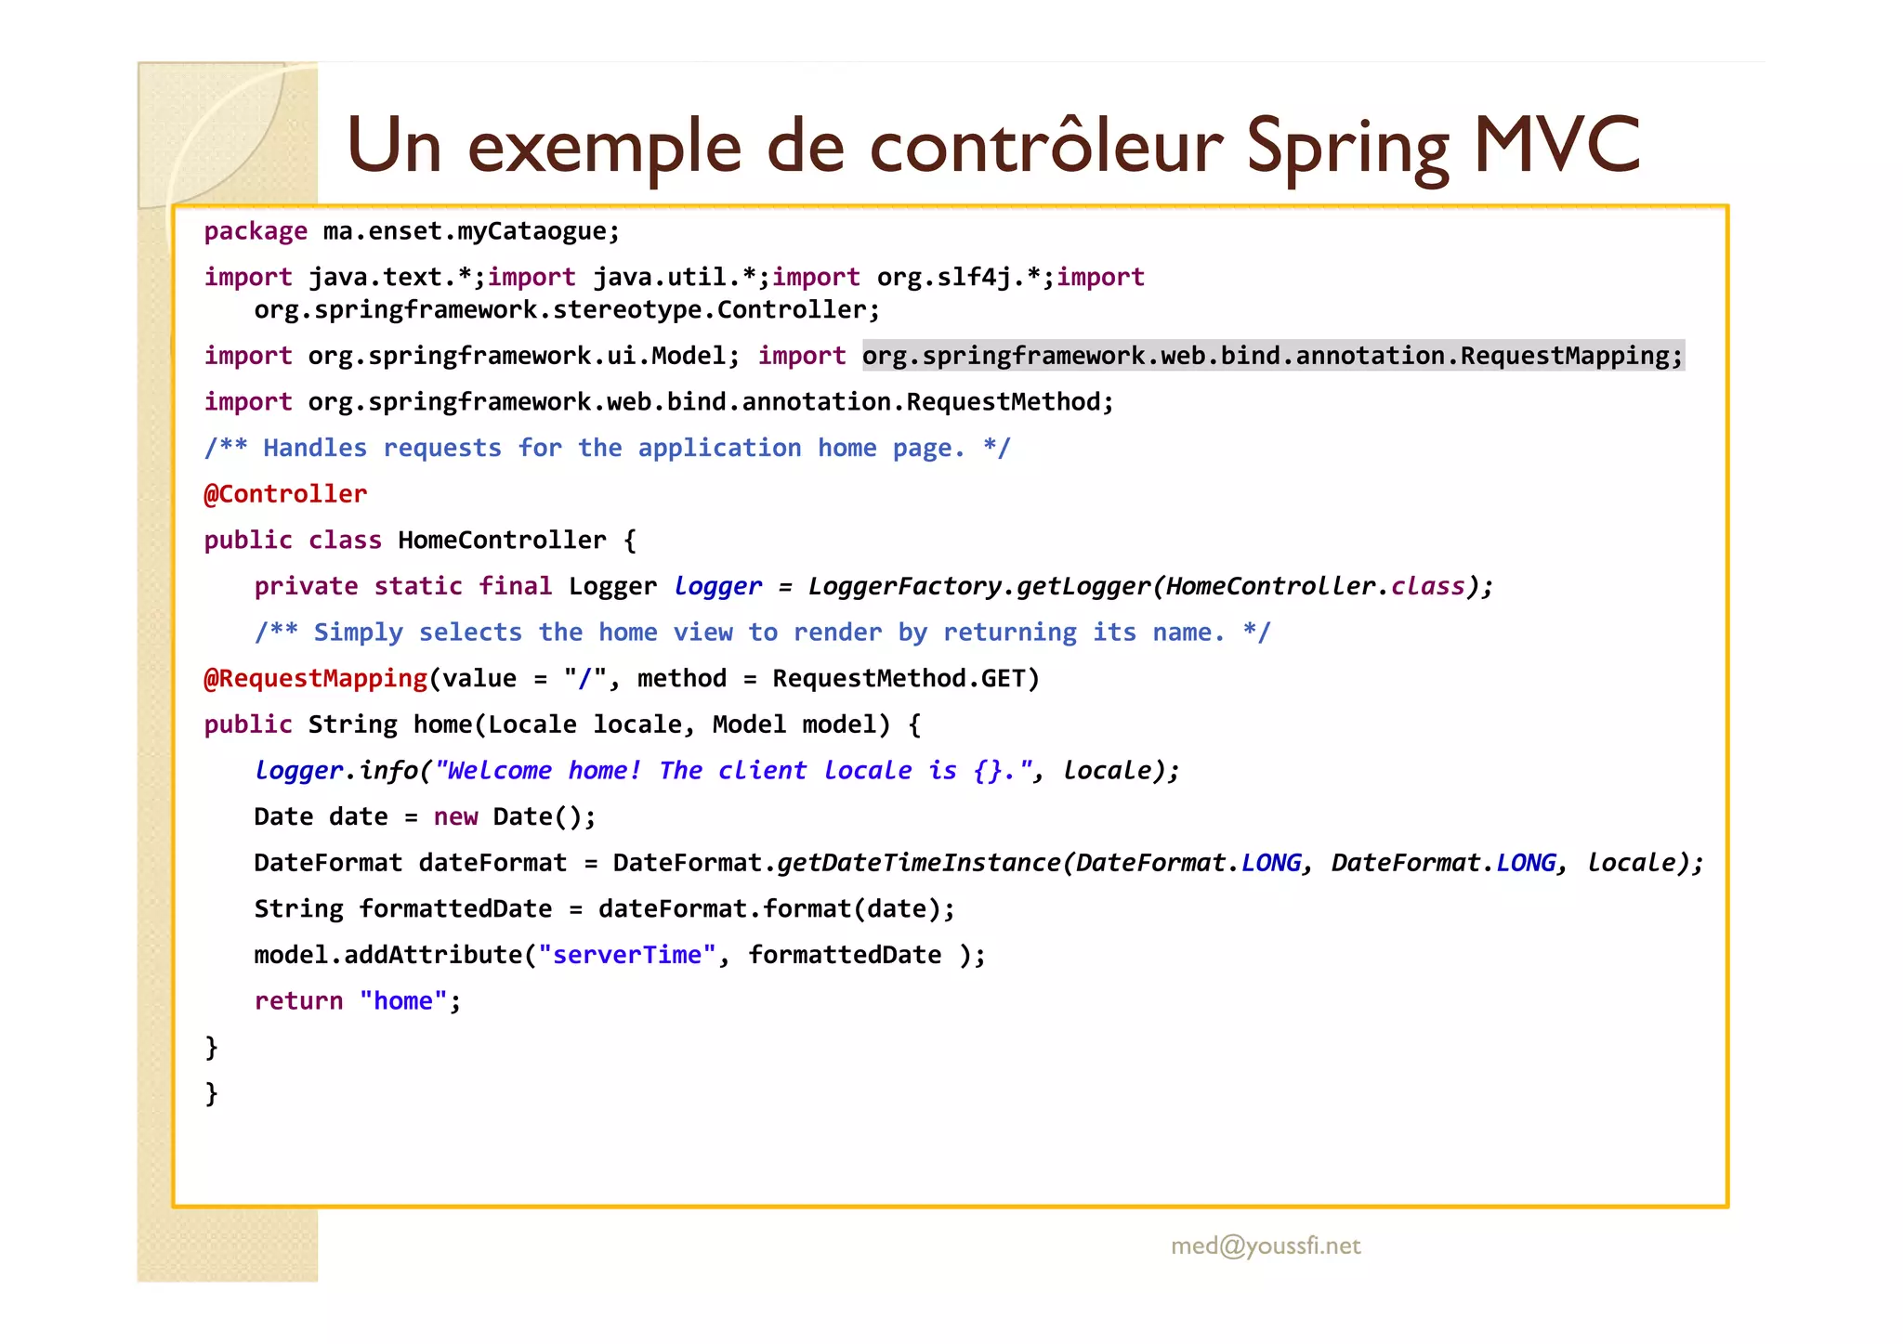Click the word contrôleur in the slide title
click(x=1045, y=147)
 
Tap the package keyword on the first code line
click(x=256, y=231)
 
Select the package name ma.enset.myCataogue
click(x=470, y=231)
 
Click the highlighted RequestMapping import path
click(x=1272, y=356)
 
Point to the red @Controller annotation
click(x=285, y=494)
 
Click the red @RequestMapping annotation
click(x=315, y=679)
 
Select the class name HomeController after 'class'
click(x=502, y=541)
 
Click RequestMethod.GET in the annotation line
click(x=905, y=679)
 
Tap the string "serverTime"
click(x=627, y=955)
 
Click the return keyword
click(x=298, y=1001)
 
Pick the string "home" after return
click(x=403, y=1001)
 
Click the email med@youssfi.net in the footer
click(x=1266, y=1246)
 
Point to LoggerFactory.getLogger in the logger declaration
click(x=978, y=587)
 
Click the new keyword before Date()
click(x=455, y=817)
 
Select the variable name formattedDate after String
click(x=455, y=909)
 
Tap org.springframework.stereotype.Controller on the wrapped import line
click(x=566, y=310)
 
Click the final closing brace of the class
click(x=211, y=1093)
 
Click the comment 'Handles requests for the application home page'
click(x=607, y=449)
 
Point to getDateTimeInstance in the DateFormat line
click(x=919, y=864)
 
